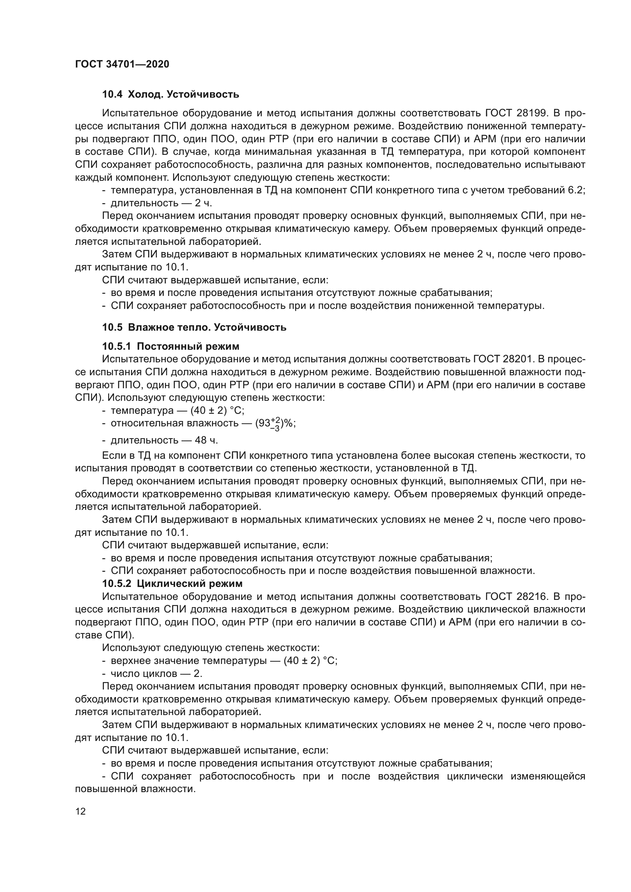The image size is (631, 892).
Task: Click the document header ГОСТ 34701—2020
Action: [122, 64]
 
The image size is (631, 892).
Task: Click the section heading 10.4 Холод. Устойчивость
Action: [171, 95]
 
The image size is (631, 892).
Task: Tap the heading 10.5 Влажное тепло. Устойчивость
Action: [194, 327]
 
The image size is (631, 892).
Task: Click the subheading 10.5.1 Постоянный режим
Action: [171, 346]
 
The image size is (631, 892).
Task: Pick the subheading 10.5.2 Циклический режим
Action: [172, 583]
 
